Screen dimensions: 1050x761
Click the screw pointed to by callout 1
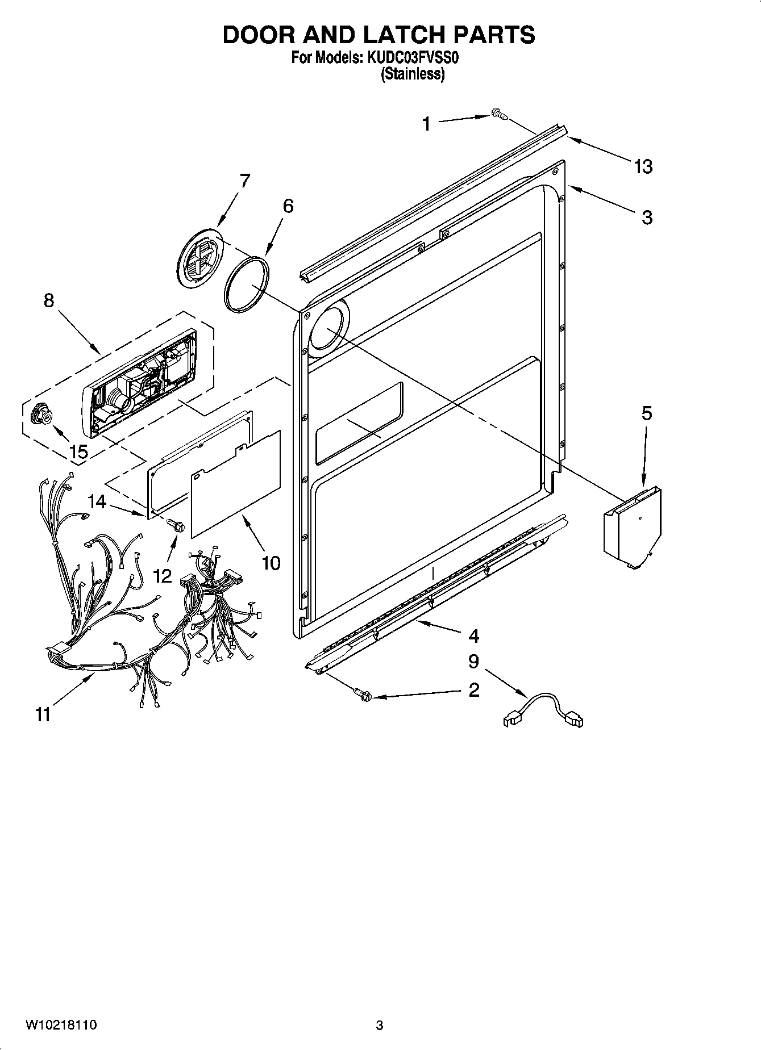498,115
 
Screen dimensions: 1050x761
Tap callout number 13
643,166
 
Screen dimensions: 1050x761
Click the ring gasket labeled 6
246,285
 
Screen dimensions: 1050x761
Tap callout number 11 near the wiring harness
43,714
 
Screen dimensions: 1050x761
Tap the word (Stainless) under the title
412,73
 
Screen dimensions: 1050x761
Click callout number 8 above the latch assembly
49,300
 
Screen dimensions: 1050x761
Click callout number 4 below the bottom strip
473,635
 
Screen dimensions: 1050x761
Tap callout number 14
97,501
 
